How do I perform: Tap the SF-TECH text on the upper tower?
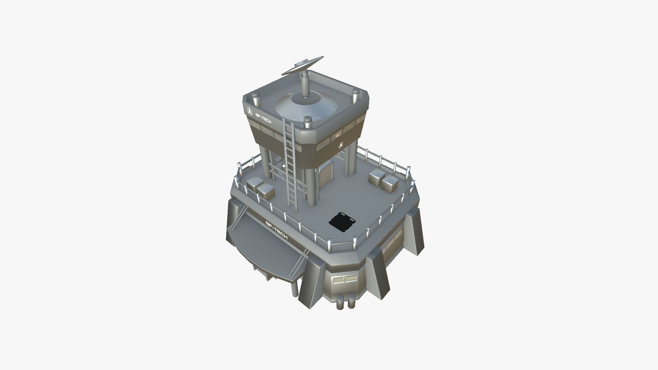click(x=264, y=119)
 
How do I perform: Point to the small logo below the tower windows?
click(x=341, y=145)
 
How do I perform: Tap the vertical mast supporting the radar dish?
click(x=305, y=84)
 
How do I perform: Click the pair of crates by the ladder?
click(x=261, y=188)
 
